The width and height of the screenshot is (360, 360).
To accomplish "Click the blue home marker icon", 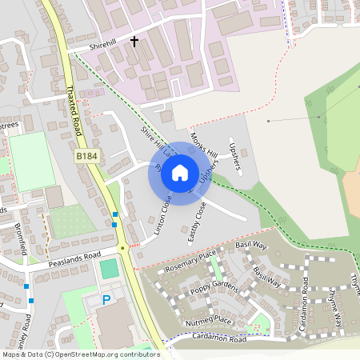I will [180, 173].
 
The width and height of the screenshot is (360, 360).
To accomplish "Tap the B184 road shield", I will [87, 158].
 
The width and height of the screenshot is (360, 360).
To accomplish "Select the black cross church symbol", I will [134, 40].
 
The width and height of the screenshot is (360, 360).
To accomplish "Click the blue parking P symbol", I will [106, 301].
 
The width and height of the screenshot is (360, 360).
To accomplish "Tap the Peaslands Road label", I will [74, 255].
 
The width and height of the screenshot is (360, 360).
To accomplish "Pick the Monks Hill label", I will [205, 144].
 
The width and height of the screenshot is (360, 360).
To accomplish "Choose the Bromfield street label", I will [22, 238].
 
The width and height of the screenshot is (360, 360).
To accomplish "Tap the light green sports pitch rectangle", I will [31, 162].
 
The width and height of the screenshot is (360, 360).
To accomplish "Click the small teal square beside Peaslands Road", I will [108, 270].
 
